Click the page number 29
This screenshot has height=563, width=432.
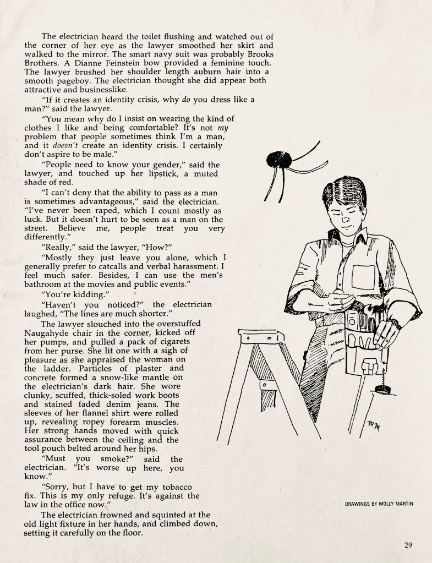408,545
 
